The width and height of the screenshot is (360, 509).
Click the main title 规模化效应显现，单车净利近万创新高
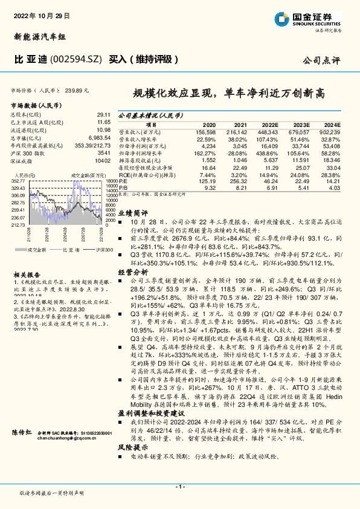tap(229, 94)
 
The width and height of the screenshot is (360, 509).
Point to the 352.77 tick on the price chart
tap(18, 181)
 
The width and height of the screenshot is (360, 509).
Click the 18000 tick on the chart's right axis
tap(111, 181)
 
